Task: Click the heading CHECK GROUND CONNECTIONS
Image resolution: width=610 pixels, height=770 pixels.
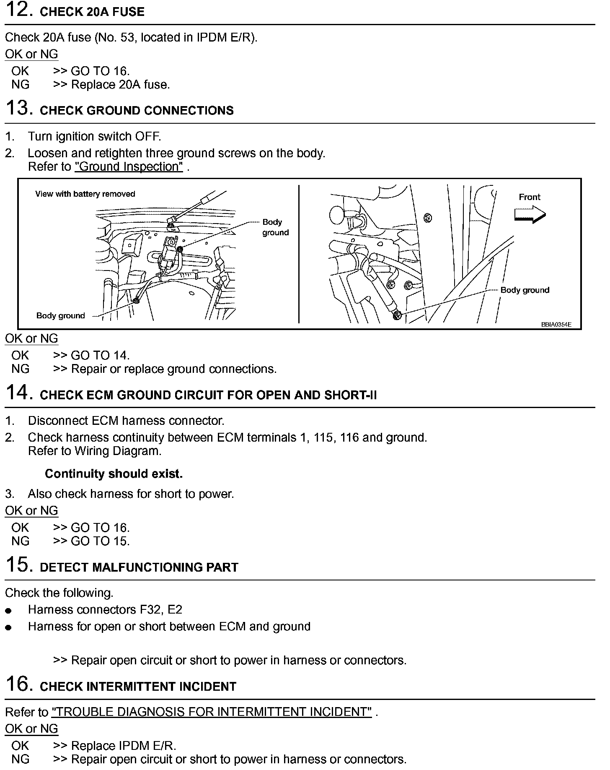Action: pyautogui.click(x=137, y=111)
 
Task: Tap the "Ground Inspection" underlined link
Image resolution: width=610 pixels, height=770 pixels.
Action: pyautogui.click(x=129, y=167)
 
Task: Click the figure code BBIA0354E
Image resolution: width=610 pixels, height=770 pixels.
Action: pyautogui.click(x=556, y=325)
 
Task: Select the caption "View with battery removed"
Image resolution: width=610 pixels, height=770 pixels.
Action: pyautogui.click(x=85, y=194)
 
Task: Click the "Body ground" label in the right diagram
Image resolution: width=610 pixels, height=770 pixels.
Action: pyautogui.click(x=525, y=290)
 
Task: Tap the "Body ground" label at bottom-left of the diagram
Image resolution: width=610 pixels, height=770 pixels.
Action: pyautogui.click(x=61, y=316)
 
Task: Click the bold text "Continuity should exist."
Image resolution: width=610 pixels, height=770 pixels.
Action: pyautogui.click(x=114, y=474)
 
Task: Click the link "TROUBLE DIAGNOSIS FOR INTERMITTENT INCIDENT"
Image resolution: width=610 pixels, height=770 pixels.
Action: pyautogui.click(x=212, y=712)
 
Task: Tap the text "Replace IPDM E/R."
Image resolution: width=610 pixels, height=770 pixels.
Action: pyautogui.click(x=124, y=746)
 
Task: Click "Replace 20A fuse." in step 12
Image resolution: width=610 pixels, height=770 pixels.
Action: pyautogui.click(x=120, y=85)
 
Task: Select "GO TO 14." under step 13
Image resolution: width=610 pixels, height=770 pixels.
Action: pyautogui.click(x=100, y=356)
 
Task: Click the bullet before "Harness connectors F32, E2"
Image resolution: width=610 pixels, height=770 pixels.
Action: pyautogui.click(x=9, y=611)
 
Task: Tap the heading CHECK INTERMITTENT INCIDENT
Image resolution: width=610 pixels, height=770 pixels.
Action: pyautogui.click(x=138, y=687)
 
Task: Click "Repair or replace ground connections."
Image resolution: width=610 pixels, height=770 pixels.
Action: pyautogui.click(x=174, y=369)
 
